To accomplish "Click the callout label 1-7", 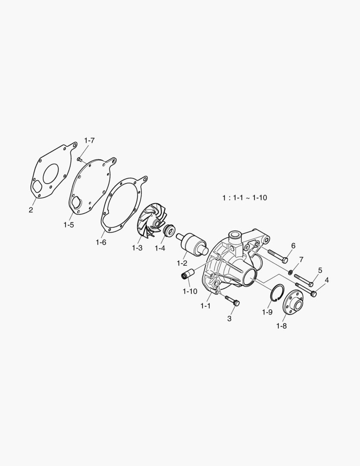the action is pos(89,140).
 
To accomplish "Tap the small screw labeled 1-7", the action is pos(79,159).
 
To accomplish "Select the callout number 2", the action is pos(31,210).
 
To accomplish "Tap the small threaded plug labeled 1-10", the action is pos(188,274).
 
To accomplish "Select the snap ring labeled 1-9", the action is pos(278,293).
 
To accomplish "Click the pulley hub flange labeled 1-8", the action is pos(293,302).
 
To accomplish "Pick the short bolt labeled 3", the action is pos(232,300).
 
